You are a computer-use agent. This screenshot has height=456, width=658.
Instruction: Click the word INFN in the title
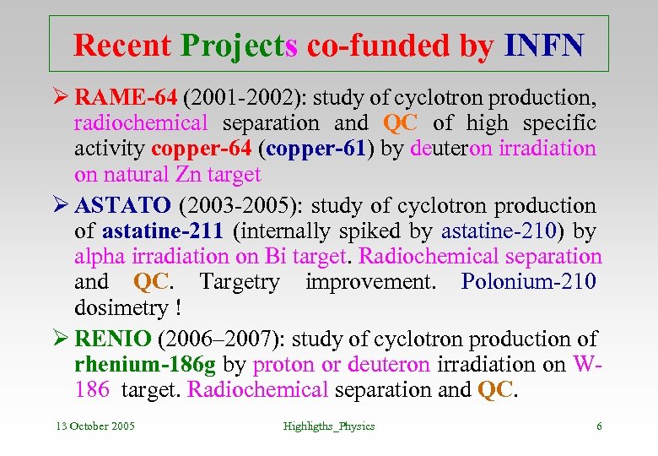point(543,46)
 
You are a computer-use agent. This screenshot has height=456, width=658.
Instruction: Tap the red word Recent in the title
point(123,46)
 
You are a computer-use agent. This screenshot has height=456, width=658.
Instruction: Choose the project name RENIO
point(113,339)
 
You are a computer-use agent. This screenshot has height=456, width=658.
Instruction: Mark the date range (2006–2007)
point(224,339)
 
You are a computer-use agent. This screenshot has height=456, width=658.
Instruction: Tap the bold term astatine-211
point(163,231)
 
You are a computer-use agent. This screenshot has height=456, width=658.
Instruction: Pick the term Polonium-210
point(528,281)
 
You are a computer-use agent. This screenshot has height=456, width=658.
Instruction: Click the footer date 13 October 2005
point(95,426)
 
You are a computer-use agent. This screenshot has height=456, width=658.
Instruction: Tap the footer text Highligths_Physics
point(329,426)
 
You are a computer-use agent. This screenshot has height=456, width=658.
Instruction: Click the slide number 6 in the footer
point(599,426)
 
